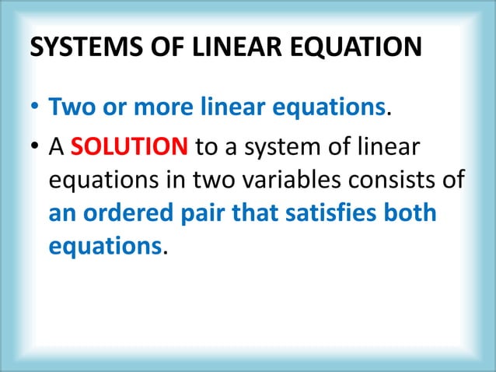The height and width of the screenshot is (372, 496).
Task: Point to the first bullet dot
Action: click(x=36, y=116)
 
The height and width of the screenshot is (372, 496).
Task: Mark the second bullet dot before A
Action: click(x=36, y=149)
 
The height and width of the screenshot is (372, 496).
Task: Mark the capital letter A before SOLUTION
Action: click(x=57, y=149)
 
